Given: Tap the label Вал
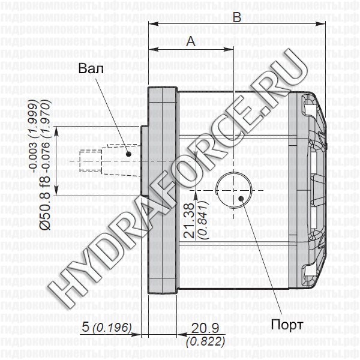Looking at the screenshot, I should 90,68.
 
